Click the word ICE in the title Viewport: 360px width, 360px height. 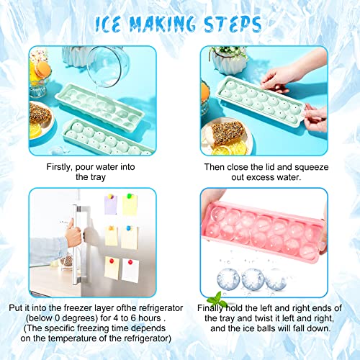click(117, 24)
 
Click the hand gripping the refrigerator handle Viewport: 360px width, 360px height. click(73, 235)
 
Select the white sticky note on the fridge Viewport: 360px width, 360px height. click(130, 269)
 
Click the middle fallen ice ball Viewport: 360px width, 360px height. click(252, 278)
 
